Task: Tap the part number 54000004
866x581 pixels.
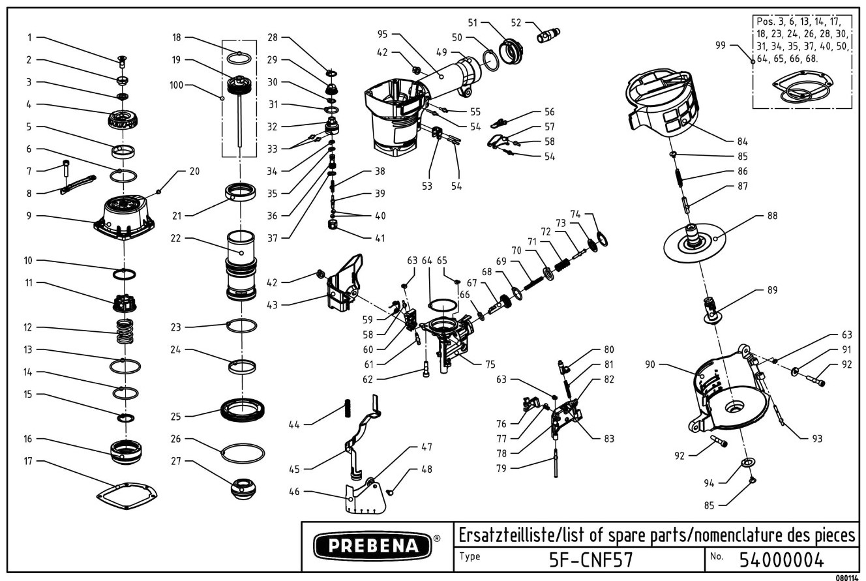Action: pyautogui.click(x=782, y=559)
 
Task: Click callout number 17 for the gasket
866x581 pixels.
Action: pyautogui.click(x=29, y=461)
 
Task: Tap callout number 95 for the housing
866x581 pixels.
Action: pyautogui.click(x=383, y=34)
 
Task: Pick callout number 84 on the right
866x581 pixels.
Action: pyautogui.click(x=741, y=141)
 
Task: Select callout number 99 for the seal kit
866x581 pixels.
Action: pyautogui.click(x=720, y=45)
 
